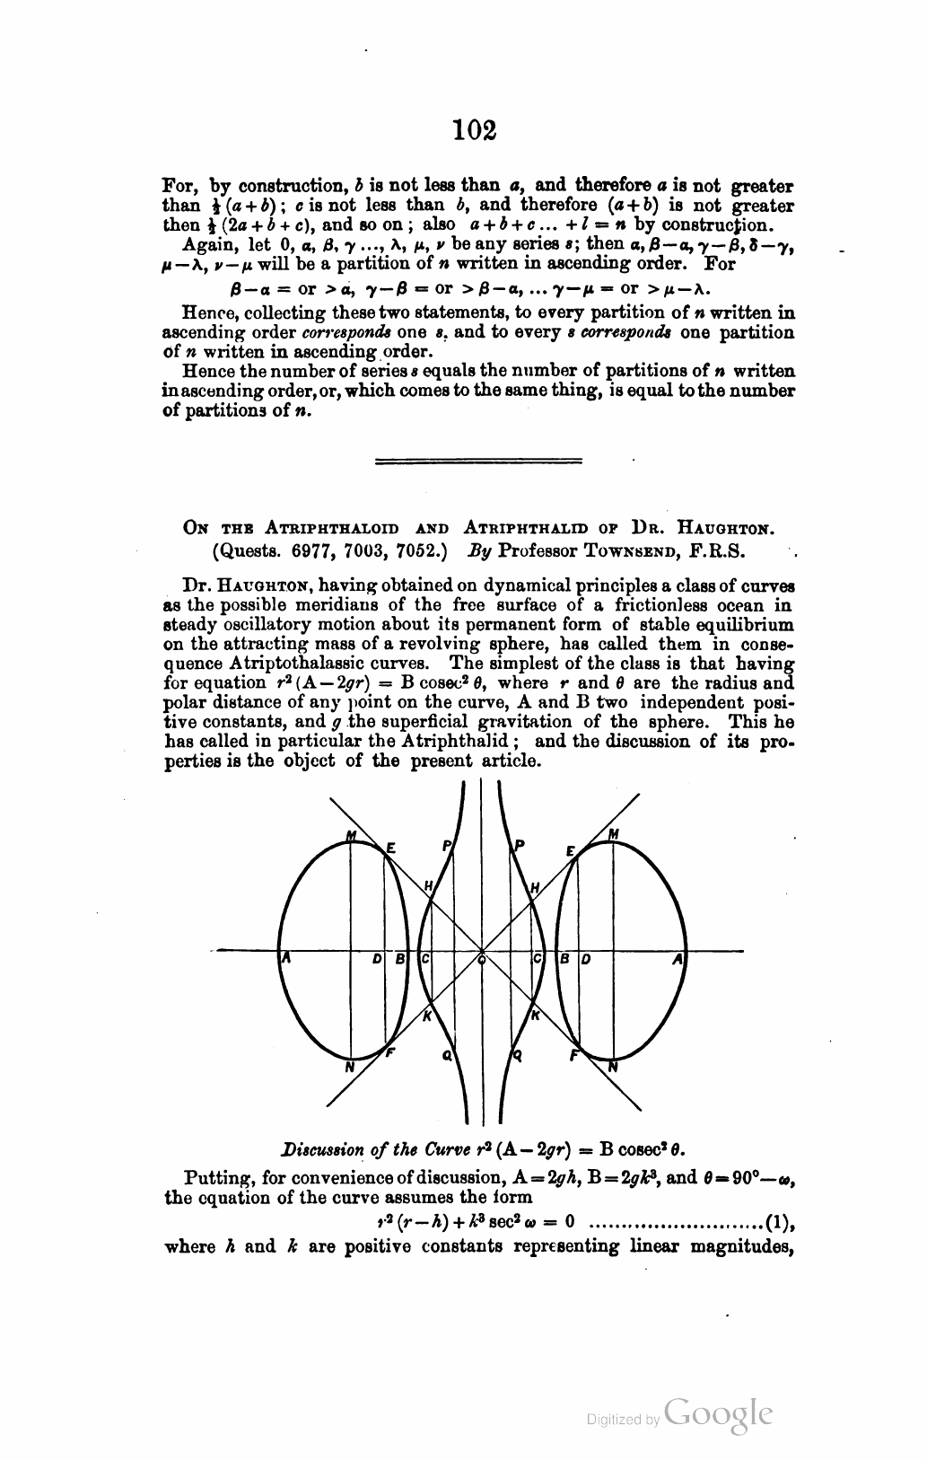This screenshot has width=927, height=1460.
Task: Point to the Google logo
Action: click(720, 1413)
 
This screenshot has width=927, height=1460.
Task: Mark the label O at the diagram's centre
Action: click(482, 960)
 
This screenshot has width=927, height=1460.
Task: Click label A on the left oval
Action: click(286, 958)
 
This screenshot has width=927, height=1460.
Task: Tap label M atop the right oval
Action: click(614, 834)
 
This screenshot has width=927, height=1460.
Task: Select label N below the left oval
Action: click(350, 1068)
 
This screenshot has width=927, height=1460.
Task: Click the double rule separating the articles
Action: click(477, 462)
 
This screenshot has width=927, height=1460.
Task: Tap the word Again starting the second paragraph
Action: click(205, 244)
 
